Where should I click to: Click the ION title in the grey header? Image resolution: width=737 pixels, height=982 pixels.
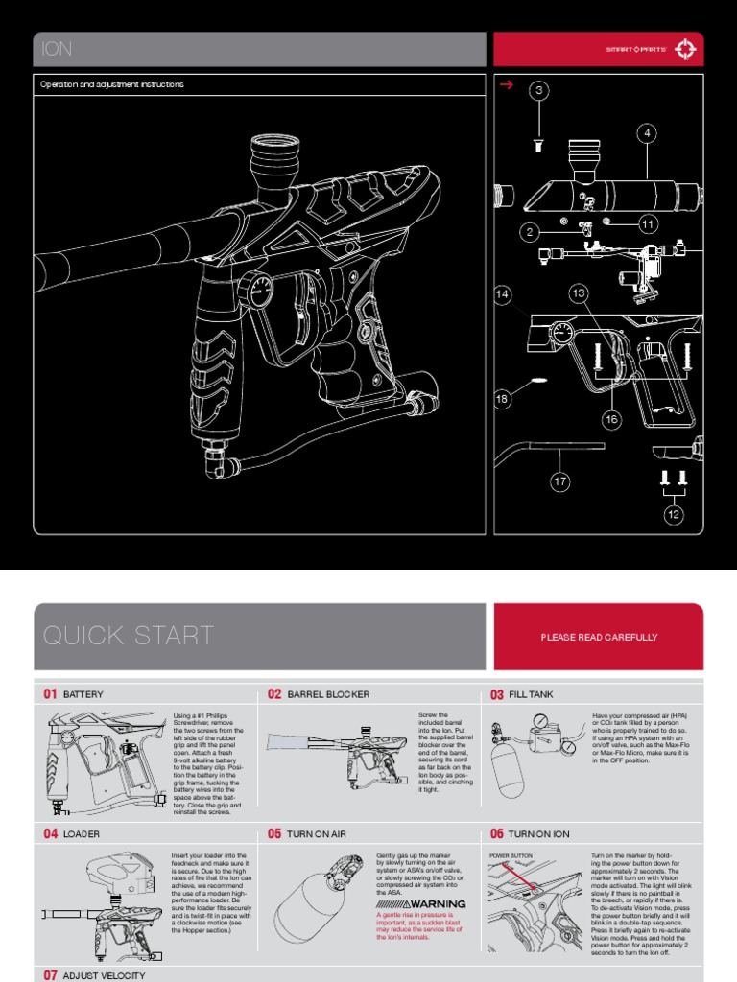[58, 50]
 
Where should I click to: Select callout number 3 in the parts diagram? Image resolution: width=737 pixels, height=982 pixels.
[540, 91]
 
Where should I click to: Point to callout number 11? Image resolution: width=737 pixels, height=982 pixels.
[648, 224]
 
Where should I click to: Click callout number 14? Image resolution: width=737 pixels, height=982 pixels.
[504, 295]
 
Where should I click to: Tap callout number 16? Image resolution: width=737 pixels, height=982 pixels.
[611, 419]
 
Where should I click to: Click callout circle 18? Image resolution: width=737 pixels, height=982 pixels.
[504, 398]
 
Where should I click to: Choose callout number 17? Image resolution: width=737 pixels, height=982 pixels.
[560, 482]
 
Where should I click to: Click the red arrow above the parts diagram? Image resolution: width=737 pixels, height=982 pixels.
[507, 85]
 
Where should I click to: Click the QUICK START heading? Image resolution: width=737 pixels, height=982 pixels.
[129, 635]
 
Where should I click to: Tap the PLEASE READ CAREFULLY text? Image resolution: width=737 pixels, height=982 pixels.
[598, 637]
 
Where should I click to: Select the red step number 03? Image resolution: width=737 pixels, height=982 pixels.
[497, 694]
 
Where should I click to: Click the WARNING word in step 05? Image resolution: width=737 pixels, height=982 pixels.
[436, 903]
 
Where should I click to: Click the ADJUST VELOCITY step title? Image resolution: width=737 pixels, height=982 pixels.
[104, 975]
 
